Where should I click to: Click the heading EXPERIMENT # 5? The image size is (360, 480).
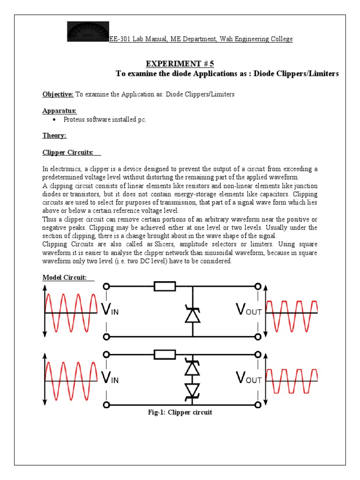tap(180, 64)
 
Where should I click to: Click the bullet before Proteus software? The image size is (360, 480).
tap(55, 120)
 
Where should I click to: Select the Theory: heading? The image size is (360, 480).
tap(54, 136)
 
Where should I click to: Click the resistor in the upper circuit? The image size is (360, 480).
tap(165, 286)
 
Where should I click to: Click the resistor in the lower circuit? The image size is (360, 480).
tap(165, 354)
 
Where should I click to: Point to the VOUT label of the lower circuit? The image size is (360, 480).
tap(248, 378)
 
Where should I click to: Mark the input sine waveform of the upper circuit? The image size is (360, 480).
tap(70, 311)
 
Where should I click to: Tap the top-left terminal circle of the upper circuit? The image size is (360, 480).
tap(107, 286)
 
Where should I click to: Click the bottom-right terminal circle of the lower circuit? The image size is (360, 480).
tap(257, 404)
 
